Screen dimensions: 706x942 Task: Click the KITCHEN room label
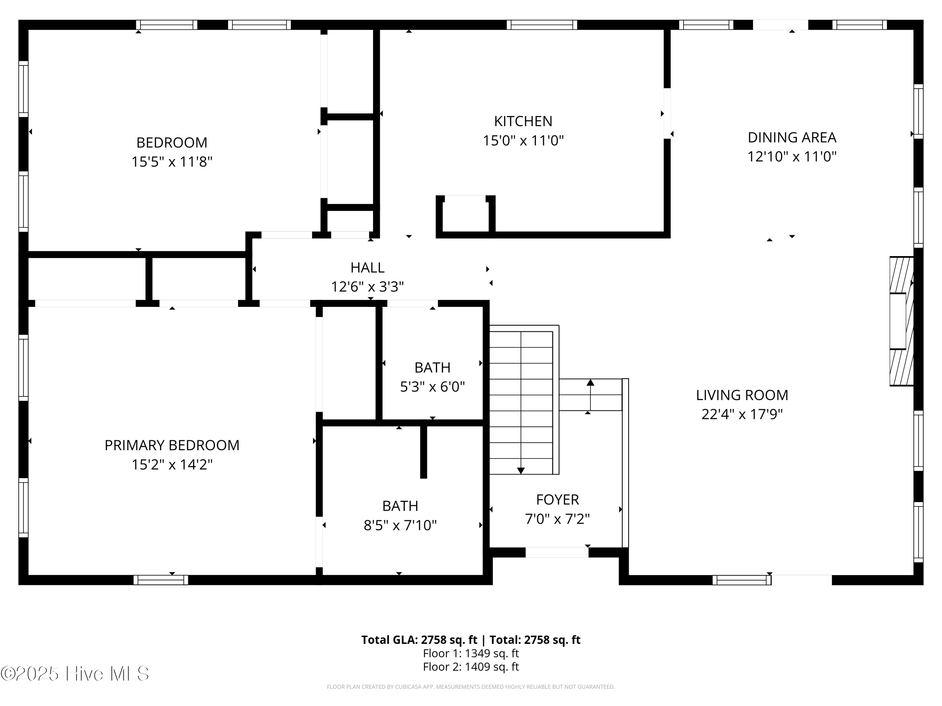click(523, 121)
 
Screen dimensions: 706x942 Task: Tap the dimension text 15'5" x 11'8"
click(172, 162)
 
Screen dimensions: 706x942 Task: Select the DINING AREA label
click(792, 137)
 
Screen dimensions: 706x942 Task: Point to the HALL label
click(367, 267)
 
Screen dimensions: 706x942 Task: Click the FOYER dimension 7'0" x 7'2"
click(557, 519)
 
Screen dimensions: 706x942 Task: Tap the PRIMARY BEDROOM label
click(172, 445)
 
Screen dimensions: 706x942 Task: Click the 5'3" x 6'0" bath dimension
click(432, 386)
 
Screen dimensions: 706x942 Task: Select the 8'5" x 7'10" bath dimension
click(400, 525)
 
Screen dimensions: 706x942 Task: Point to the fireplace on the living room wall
click(901, 321)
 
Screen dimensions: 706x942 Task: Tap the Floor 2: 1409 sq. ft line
click(471, 666)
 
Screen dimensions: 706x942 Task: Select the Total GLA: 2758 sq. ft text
click(419, 639)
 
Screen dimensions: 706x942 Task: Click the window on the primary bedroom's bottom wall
click(160, 580)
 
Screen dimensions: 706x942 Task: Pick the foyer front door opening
click(557, 552)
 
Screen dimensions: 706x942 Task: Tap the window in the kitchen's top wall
click(542, 25)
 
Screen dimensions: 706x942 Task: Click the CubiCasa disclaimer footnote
click(471, 687)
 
